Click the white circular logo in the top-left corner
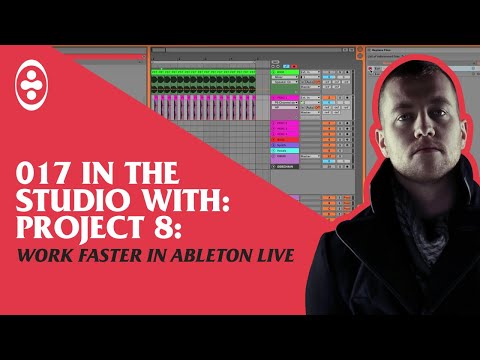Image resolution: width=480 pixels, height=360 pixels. coord(33,88)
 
